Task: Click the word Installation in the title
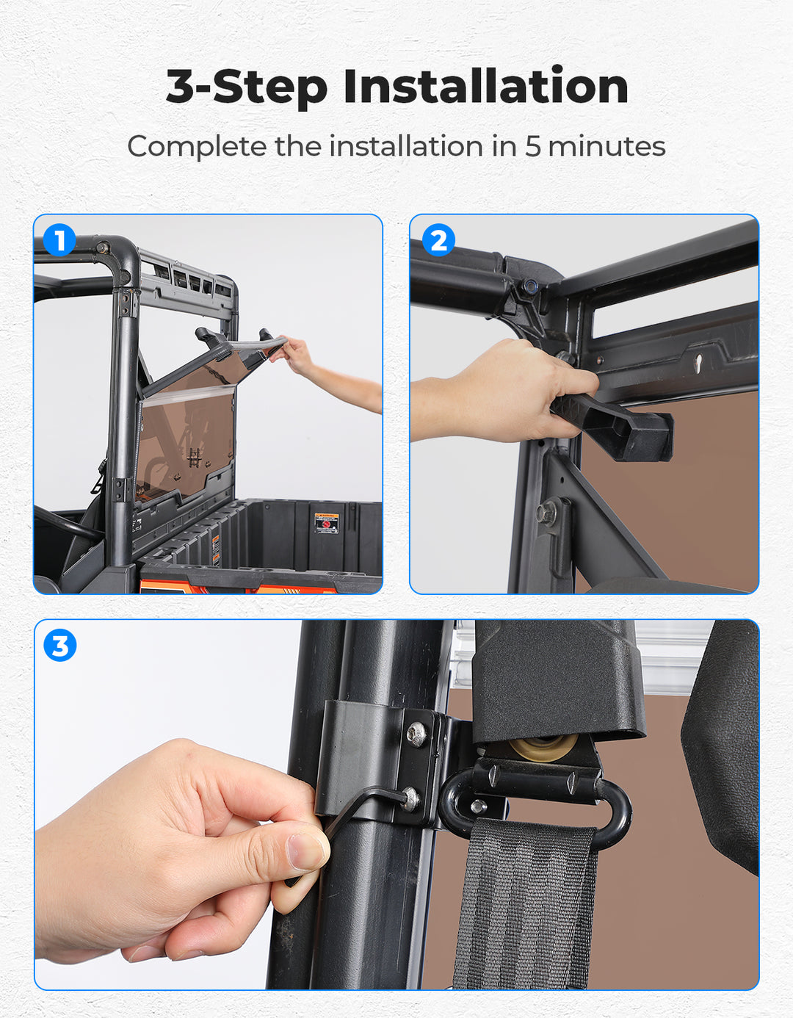[x=485, y=86]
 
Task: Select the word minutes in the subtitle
[x=606, y=147]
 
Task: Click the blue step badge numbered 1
[x=59, y=240]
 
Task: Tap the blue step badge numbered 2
[x=438, y=240]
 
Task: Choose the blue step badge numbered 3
[x=60, y=645]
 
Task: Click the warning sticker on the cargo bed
[x=326, y=523]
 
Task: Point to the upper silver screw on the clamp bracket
[x=416, y=734]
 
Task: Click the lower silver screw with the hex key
[x=410, y=799]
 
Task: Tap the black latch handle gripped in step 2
[x=613, y=424]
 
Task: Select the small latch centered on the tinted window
[x=195, y=457]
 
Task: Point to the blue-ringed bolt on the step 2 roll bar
[x=530, y=285]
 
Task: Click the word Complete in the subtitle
[x=197, y=147]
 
